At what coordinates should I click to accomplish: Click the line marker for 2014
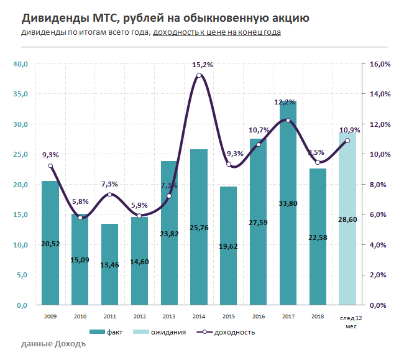click(199, 76)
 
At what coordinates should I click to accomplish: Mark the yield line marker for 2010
click(80, 218)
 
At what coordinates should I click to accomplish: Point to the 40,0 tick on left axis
click(21, 64)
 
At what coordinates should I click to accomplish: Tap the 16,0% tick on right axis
click(379, 64)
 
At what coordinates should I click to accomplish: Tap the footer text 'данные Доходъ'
click(53, 344)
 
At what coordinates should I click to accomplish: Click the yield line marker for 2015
click(229, 165)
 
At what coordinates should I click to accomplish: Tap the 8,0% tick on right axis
click(380, 185)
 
